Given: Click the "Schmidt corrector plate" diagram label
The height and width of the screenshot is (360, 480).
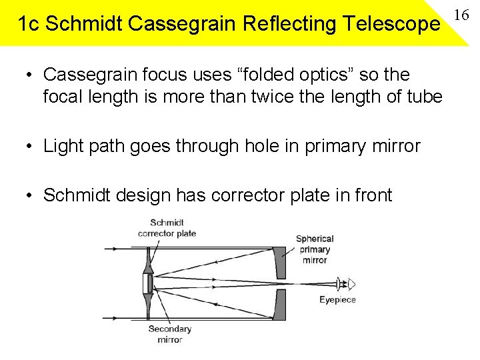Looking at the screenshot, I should [167, 228].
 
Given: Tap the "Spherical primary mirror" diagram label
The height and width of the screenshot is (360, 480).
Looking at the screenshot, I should [315, 249].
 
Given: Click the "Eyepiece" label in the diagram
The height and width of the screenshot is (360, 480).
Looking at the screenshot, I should [337, 300].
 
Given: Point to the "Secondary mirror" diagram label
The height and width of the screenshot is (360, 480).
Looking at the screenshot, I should [169, 334].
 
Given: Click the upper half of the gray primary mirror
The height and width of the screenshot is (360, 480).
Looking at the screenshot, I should [280, 263].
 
